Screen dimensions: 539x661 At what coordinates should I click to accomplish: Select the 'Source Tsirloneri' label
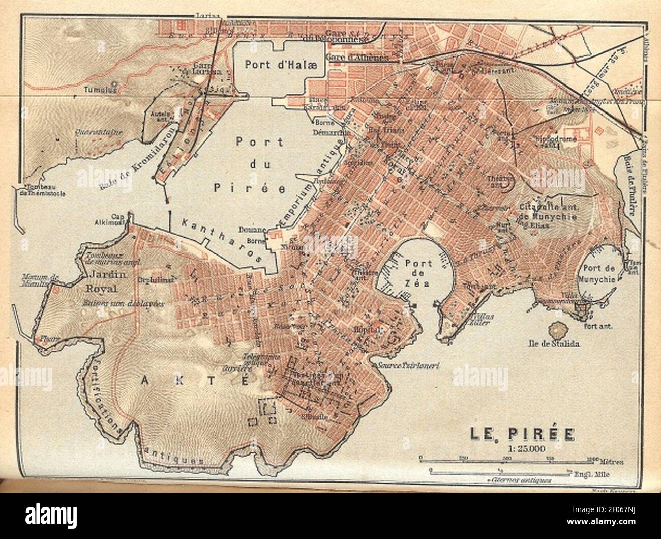pyautogui.click(x=408, y=365)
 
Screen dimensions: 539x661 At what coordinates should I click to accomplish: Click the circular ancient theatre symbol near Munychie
pyautogui.click(x=507, y=181)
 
